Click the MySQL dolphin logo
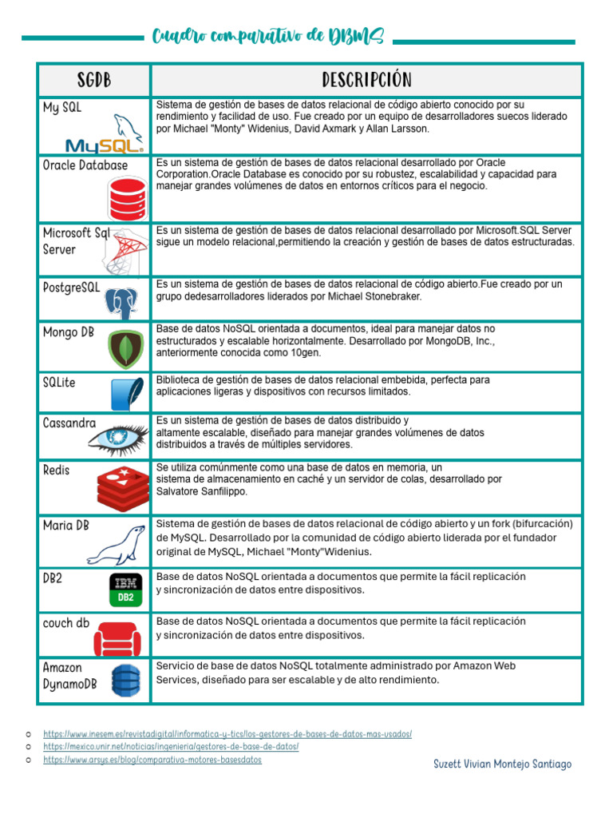point(105,134)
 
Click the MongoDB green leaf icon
point(126,348)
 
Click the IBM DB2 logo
point(126,590)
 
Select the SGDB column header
point(94,80)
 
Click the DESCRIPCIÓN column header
point(366,80)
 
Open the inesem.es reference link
point(227,733)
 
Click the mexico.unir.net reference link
point(171,747)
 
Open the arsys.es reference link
point(152,760)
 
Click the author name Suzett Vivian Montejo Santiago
point(502,764)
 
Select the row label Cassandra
point(69,423)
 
